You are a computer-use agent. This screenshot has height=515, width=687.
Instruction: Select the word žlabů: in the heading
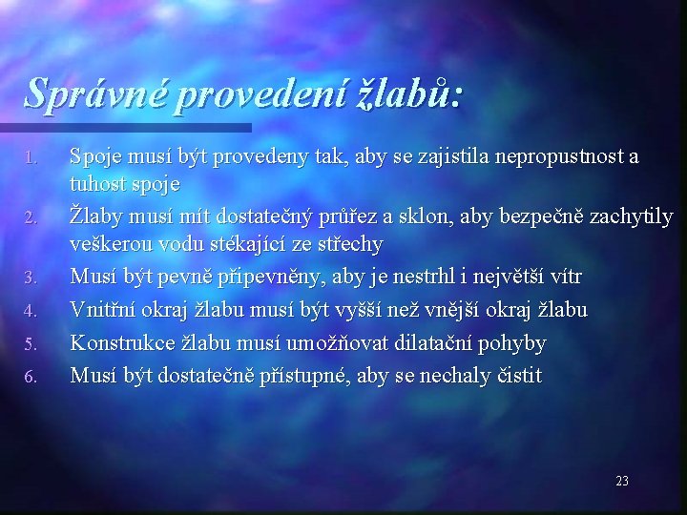(404, 92)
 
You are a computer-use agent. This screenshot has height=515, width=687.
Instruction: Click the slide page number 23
(622, 481)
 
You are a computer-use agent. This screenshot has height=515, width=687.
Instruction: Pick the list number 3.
(30, 278)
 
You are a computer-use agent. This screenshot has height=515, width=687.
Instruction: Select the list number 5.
(30, 344)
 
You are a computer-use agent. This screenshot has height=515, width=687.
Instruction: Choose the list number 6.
(30, 378)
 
